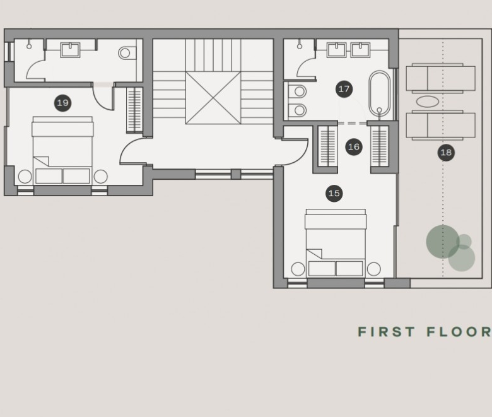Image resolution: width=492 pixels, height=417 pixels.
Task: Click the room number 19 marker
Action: (x=62, y=103)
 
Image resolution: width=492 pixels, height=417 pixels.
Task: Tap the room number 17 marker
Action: (x=344, y=89)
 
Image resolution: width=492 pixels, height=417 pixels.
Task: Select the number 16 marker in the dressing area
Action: (x=354, y=146)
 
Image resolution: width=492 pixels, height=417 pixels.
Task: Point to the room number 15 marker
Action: (x=334, y=193)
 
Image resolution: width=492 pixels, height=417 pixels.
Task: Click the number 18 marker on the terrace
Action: (x=446, y=153)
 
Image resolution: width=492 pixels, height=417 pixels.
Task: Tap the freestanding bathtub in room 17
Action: (x=379, y=93)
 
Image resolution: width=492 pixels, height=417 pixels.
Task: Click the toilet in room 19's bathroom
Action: (x=127, y=53)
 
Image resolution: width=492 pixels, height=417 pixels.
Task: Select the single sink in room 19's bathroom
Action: (x=70, y=50)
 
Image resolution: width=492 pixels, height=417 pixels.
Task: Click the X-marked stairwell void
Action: (x=213, y=98)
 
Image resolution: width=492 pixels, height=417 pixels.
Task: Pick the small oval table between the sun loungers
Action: (x=428, y=102)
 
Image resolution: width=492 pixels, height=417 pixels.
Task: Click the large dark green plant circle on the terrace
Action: (x=443, y=242)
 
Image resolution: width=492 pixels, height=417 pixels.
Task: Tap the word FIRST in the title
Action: (x=387, y=332)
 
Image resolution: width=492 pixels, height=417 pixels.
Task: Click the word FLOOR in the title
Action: (x=459, y=332)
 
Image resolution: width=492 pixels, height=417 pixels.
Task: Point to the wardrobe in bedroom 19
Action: (x=134, y=110)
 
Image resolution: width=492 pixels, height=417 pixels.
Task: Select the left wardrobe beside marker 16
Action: (x=328, y=146)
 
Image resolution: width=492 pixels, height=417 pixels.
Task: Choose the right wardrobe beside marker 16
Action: (x=380, y=146)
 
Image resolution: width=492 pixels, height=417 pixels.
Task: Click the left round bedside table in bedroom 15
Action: (x=298, y=269)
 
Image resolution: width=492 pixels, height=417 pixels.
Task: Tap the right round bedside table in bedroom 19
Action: (x=101, y=177)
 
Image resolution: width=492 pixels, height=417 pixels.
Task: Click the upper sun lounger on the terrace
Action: (x=440, y=78)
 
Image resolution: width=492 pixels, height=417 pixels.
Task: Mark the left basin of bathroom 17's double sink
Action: (x=337, y=50)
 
